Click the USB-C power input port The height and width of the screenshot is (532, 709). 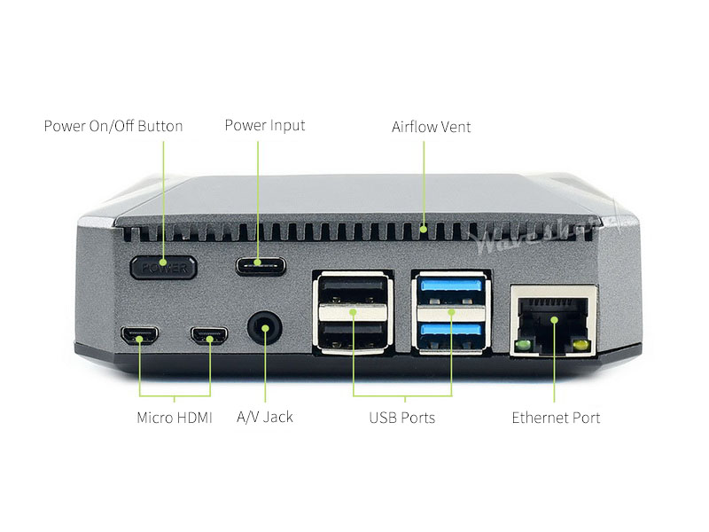point(261,264)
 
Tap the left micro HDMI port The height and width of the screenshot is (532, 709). point(139,336)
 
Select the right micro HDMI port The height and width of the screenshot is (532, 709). point(209,336)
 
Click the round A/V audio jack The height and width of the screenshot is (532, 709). point(262,330)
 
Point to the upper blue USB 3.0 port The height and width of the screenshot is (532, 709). point(451,287)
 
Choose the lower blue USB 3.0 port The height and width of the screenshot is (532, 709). point(451,332)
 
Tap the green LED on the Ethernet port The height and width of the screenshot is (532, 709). point(523,343)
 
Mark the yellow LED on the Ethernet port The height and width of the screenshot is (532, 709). point(580,343)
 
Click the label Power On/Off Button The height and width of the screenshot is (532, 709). point(113,126)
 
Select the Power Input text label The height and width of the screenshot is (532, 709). point(264,126)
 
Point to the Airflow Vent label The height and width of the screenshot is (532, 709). point(432,127)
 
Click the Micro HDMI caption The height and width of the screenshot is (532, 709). point(175,418)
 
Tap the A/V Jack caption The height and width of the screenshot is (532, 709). point(265,417)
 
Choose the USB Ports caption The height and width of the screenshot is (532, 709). point(402,418)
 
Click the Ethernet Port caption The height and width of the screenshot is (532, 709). point(556,418)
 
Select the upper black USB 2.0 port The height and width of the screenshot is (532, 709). point(353,290)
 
